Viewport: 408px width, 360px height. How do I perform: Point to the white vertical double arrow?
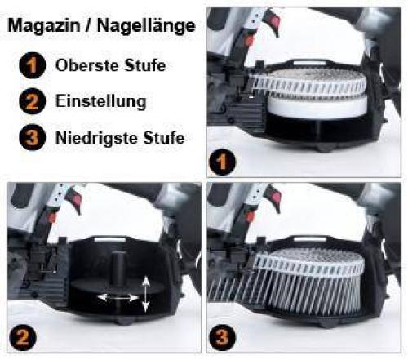tap(144, 294)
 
